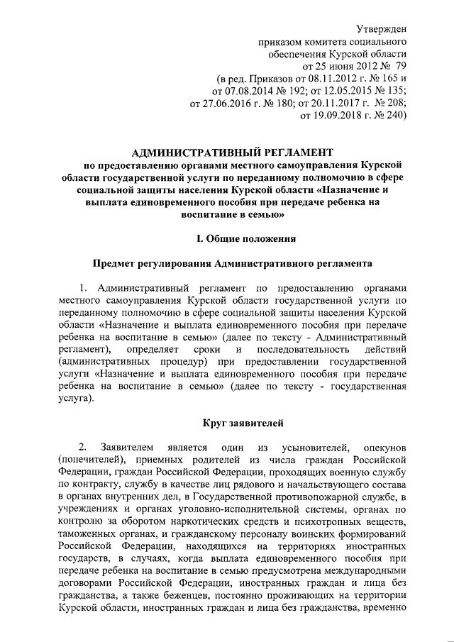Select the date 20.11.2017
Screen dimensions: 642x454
pos(340,104)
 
